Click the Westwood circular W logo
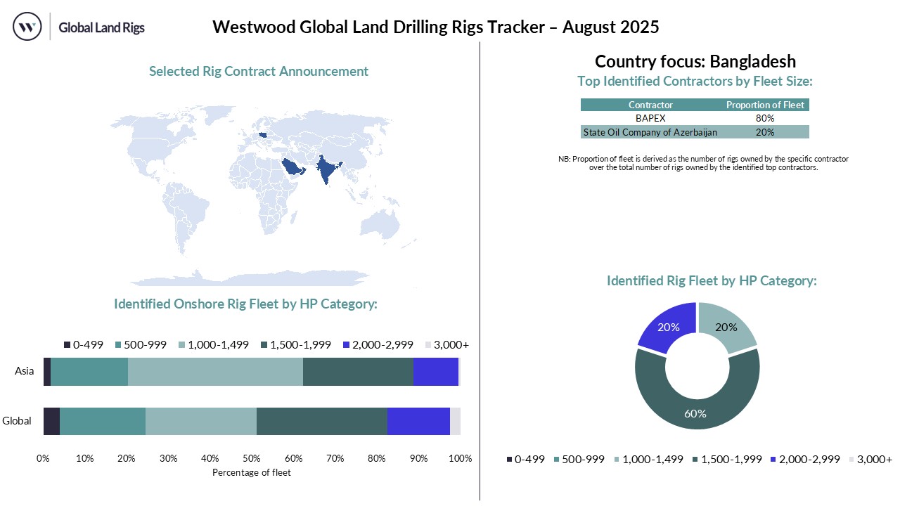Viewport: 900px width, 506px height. pyautogui.click(x=27, y=27)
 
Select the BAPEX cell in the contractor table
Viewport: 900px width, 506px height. pyautogui.click(x=650, y=118)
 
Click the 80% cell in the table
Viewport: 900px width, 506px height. pyautogui.click(x=765, y=118)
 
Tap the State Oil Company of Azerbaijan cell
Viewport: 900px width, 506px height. pyautogui.click(x=650, y=132)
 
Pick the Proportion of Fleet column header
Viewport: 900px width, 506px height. pyautogui.click(x=765, y=105)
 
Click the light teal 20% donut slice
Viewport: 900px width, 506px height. pyautogui.click(x=726, y=327)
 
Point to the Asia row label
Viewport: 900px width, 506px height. pyautogui.click(x=25, y=371)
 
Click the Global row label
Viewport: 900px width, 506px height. pyautogui.click(x=17, y=421)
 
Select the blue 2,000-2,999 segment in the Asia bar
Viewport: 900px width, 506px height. pyautogui.click(x=435, y=371)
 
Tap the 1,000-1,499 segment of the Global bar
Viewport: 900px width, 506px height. pyautogui.click(x=200, y=421)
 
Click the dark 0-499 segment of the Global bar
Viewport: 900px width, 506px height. pyautogui.click(x=51, y=421)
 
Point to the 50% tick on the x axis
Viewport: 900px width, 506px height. pyautogui.click(x=252, y=459)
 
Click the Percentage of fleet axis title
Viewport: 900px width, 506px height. pyautogui.click(x=251, y=473)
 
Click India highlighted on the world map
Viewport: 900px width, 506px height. pyautogui.click(x=327, y=169)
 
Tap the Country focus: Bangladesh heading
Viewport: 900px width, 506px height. pyautogui.click(x=695, y=61)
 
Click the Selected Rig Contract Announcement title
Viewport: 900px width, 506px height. pyautogui.click(x=259, y=71)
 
